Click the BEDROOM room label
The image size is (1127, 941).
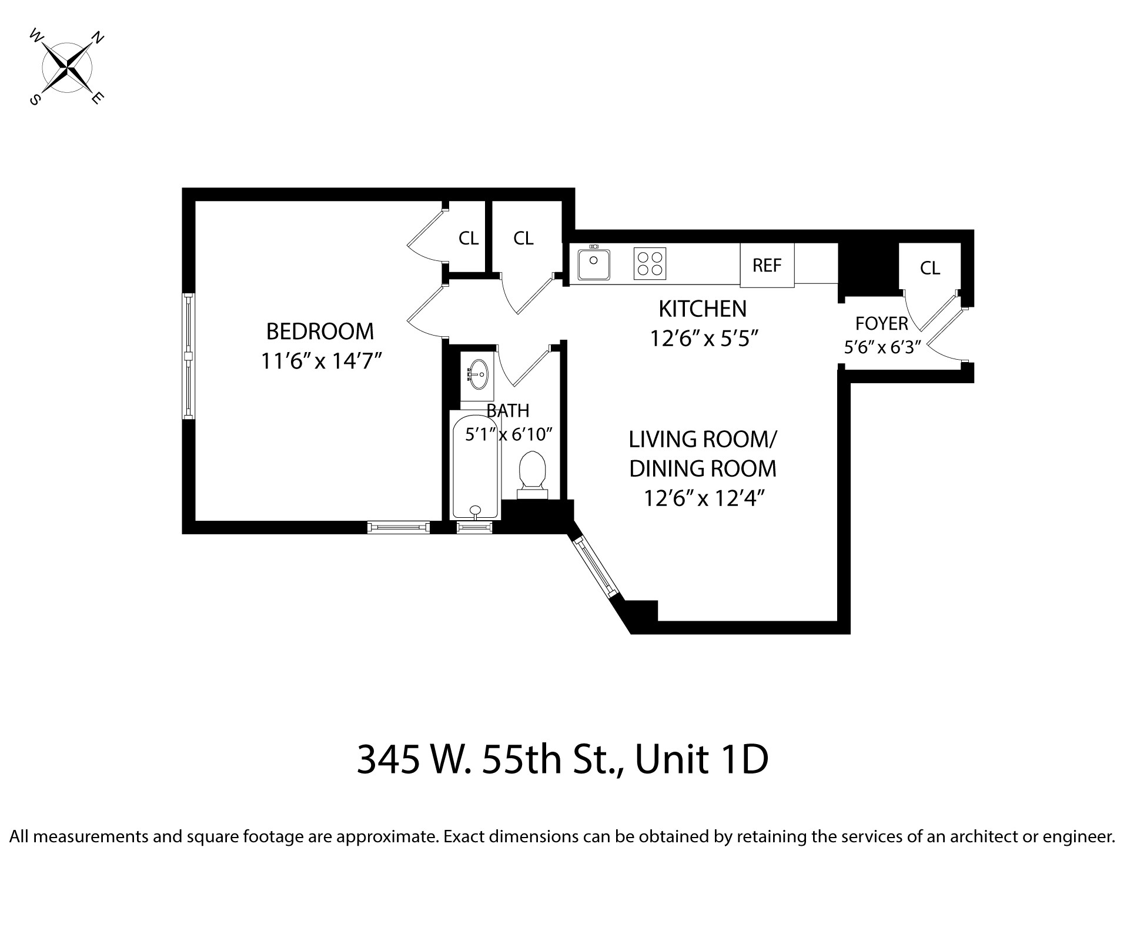point(320,331)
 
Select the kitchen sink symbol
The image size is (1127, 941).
point(593,264)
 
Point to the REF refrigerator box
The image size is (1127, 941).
point(767,265)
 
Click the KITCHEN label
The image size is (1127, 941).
point(703,309)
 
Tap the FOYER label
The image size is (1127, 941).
point(881,323)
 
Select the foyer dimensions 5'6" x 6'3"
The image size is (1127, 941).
point(882,347)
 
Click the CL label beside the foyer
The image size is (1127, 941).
point(929,268)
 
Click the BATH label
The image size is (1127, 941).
point(507,410)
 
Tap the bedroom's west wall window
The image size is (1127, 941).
point(188,356)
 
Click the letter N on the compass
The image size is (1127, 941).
point(98,39)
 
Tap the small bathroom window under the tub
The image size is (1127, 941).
point(474,528)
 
